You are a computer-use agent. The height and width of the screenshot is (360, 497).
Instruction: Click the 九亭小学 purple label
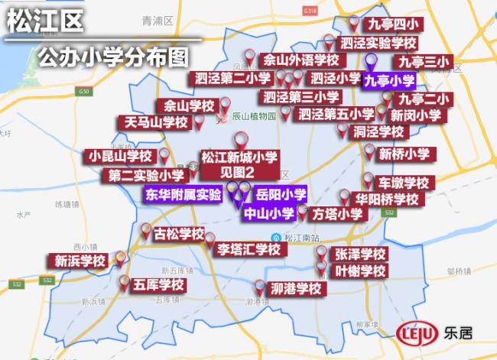pos(389,80)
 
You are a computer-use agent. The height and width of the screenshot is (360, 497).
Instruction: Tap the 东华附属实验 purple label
pos(184,194)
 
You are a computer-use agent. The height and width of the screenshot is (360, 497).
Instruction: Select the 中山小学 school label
pos(268,213)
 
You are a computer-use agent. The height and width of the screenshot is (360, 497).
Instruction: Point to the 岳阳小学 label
pos(281,194)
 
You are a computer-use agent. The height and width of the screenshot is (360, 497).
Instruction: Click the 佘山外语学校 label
pos(300,60)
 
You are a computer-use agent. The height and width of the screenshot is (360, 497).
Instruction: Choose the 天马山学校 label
pos(156,122)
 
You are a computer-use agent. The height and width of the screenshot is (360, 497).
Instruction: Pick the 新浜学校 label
pos(80,261)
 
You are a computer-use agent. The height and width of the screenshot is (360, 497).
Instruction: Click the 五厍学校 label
pos(158,284)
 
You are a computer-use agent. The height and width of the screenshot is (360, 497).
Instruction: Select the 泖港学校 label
pos(295,289)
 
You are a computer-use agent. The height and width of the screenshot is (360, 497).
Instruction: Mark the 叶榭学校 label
pos(361,271)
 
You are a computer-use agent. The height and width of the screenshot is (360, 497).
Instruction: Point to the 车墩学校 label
pos(405,183)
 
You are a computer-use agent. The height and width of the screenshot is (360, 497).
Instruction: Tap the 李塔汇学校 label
pos(248,248)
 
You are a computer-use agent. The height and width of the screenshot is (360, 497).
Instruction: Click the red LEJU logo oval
pos(417,334)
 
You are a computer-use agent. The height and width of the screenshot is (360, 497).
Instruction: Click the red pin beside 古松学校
pos(145,229)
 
